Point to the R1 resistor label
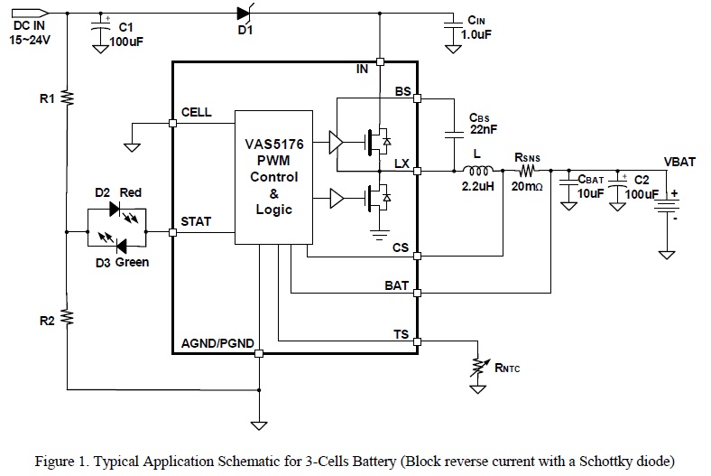(48, 97)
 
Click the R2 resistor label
(48, 319)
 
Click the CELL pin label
(197, 113)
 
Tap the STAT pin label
(196, 219)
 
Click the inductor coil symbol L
(476, 170)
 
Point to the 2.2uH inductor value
(476, 188)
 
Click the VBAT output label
(680, 163)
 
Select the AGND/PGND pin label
(217, 343)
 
